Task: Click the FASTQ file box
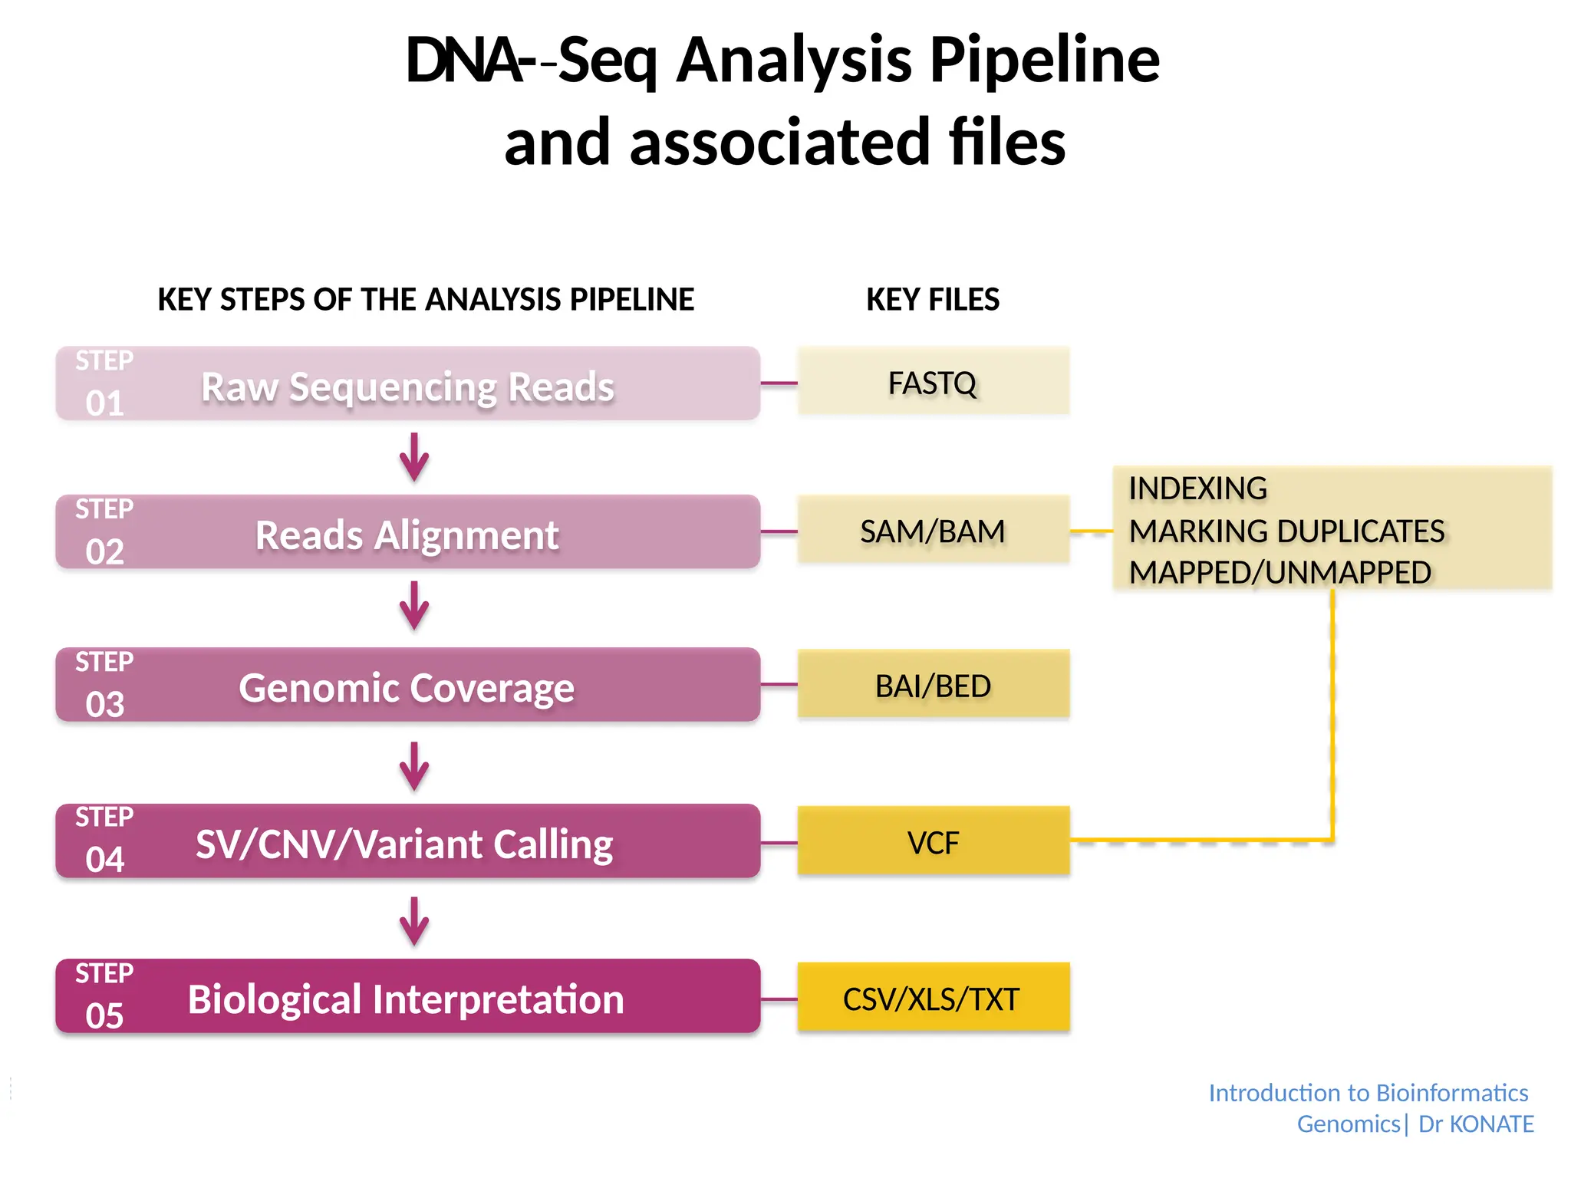click(x=933, y=382)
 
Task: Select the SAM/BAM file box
click(x=933, y=531)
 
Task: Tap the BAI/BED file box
click(x=933, y=685)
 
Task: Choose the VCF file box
click(x=933, y=841)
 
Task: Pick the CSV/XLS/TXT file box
click(x=933, y=998)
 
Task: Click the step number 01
click(x=105, y=403)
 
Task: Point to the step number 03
click(x=105, y=704)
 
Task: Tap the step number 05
click(x=105, y=1015)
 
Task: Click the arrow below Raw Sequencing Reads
click(x=414, y=457)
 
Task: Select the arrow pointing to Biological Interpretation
click(x=414, y=921)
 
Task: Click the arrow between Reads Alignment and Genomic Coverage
click(x=414, y=606)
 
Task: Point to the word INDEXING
click(x=1197, y=489)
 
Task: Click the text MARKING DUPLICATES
click(x=1286, y=531)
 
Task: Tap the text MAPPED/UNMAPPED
click(x=1280, y=572)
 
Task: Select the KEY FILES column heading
click(x=933, y=299)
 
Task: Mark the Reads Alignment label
click(x=407, y=535)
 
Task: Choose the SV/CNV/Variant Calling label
click(x=404, y=844)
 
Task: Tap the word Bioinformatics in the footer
click(x=1452, y=1092)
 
